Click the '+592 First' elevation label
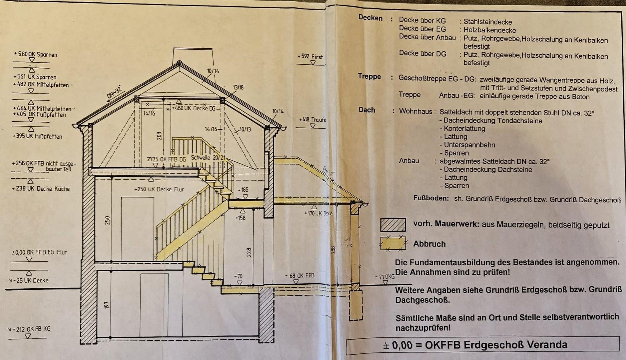pyautogui.click(x=310, y=57)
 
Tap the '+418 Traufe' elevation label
pyautogui.click(x=312, y=120)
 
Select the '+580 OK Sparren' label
pyautogui.click(x=36, y=54)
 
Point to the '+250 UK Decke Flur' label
pyautogui.click(x=159, y=189)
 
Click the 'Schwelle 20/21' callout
pyautogui.click(x=208, y=158)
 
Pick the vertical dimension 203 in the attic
pyautogui.click(x=159, y=136)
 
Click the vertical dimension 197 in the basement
pyautogui.click(x=107, y=305)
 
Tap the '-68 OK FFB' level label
pyautogui.click(x=299, y=276)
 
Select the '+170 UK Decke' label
pyautogui.click(x=318, y=213)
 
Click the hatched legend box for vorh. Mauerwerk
pyautogui.click(x=393, y=225)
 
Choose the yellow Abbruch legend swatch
pyautogui.click(x=393, y=243)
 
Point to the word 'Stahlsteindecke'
pyautogui.click(x=488, y=22)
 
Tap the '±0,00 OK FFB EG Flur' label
pyautogui.click(x=39, y=252)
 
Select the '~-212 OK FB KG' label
pyautogui.click(x=29, y=329)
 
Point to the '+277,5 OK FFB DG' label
pyautogui.click(x=166, y=159)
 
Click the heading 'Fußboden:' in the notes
pyautogui.click(x=431, y=198)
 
